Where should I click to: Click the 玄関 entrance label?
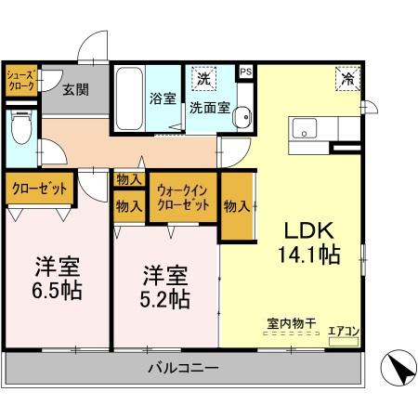75,90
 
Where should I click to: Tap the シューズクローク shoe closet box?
20,80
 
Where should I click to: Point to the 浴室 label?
163,98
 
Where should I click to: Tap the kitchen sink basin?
305,127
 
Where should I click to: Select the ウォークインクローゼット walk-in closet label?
182,197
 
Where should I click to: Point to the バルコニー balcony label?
182,370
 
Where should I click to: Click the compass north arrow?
398,368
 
